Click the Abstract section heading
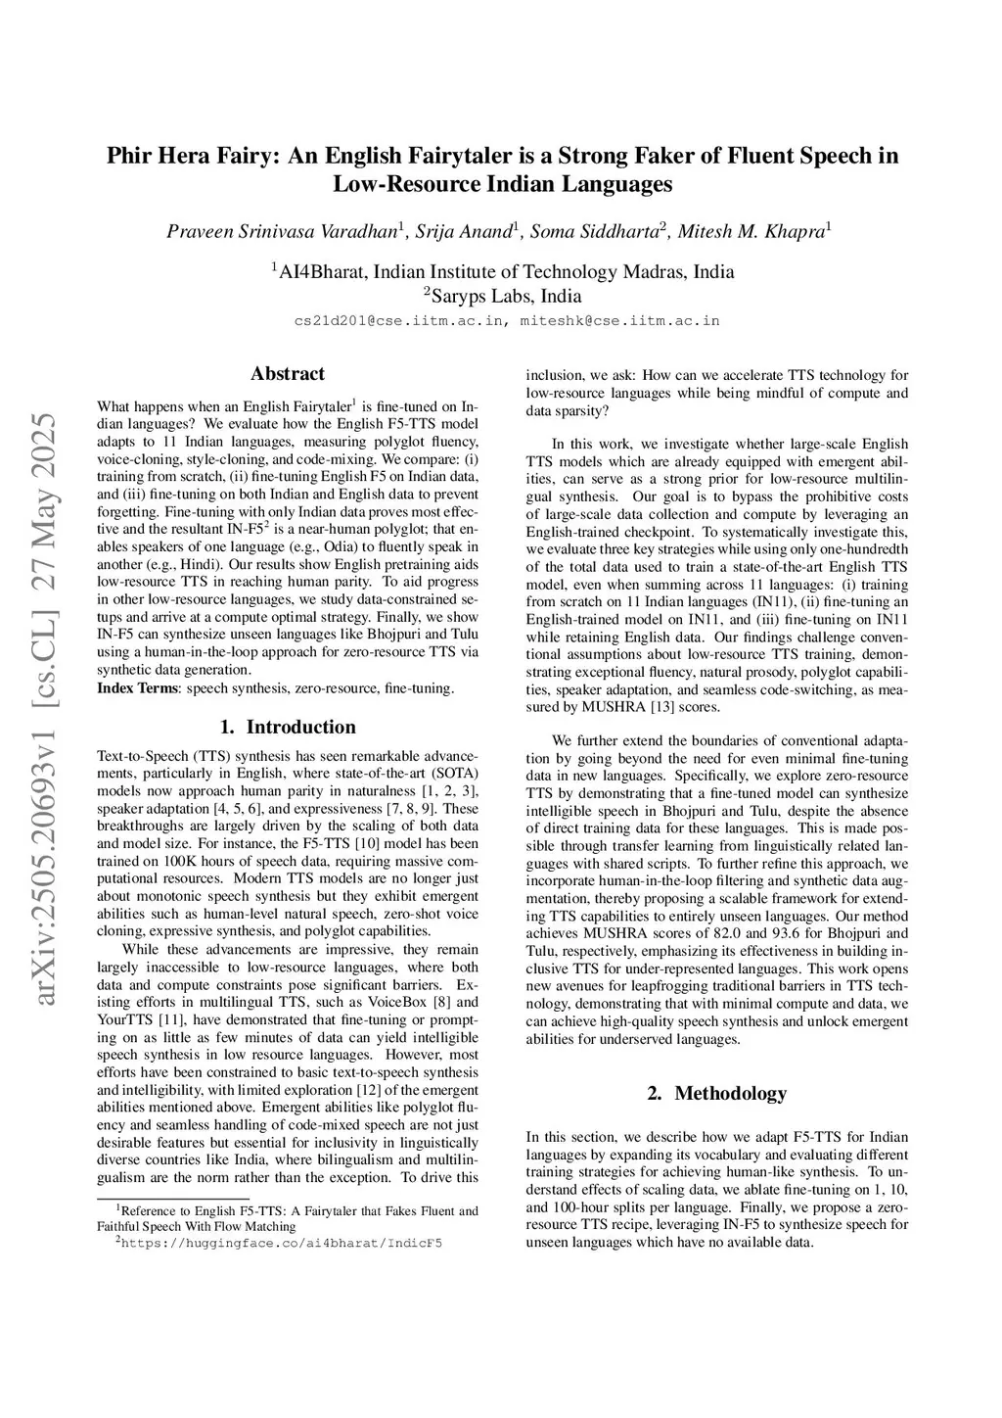point(287,373)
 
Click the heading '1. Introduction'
point(287,727)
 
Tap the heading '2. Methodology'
point(716,1093)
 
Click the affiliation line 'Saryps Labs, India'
point(502,296)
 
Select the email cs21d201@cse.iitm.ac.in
point(400,320)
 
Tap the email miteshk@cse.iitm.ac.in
point(619,320)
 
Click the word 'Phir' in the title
point(129,156)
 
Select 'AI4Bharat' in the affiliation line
point(323,271)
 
